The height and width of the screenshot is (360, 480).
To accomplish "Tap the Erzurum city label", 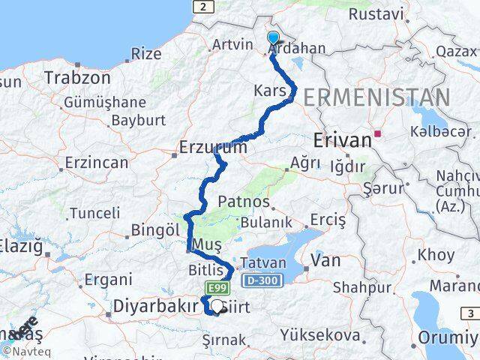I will [212, 148].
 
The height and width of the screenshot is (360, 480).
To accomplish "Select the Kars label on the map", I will [268, 91].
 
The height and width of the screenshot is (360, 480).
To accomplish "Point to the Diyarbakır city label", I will [155, 306].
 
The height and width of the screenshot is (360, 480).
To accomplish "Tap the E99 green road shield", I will [214, 286].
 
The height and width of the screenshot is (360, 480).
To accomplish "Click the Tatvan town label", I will [263, 263].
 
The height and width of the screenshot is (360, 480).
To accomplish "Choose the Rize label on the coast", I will [145, 53].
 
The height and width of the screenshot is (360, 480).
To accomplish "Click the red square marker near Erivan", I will [378, 135].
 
